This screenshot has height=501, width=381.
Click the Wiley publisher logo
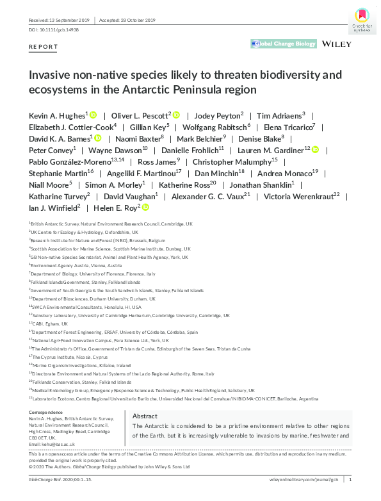point(337,44)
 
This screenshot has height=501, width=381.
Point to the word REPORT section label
point(44,47)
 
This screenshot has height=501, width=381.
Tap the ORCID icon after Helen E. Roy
point(145,208)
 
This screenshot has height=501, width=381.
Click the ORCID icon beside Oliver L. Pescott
point(176,115)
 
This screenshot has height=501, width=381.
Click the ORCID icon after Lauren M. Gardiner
point(314,150)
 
